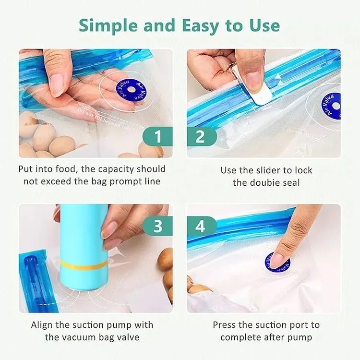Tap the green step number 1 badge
158,137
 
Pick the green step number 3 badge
158,225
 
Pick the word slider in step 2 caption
276,170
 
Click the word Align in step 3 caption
42,325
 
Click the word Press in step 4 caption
225,325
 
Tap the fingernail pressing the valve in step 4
277,260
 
